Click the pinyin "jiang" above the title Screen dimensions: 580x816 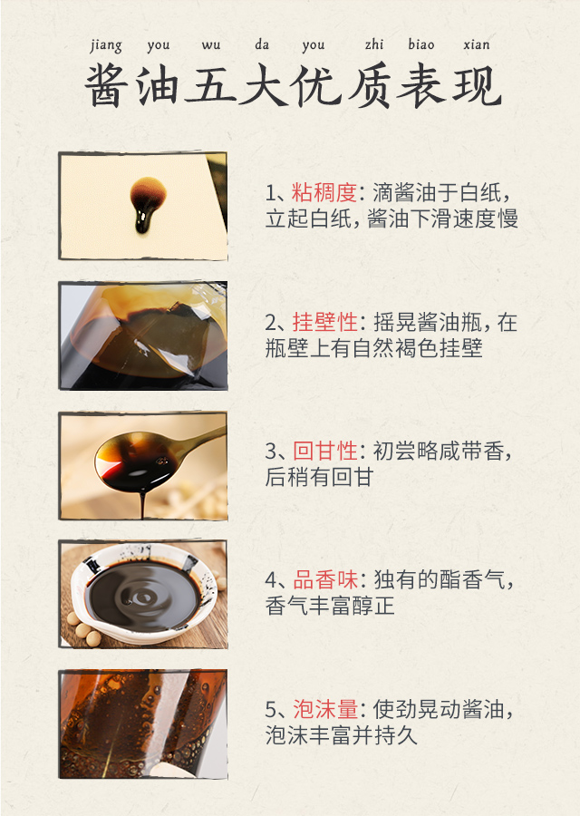point(106,46)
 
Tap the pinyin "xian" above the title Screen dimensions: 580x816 point(477,44)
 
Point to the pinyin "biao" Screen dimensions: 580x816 point(420,44)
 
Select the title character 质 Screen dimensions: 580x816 point(368,85)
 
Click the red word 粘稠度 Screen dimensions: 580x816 point(324,192)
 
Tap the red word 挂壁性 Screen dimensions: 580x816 point(324,322)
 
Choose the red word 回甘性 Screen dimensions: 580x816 point(324,451)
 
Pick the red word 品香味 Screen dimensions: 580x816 point(325,579)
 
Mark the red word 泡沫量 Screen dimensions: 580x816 point(325,709)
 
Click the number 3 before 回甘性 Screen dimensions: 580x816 point(271,452)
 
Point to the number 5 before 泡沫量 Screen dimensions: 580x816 point(271,709)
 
